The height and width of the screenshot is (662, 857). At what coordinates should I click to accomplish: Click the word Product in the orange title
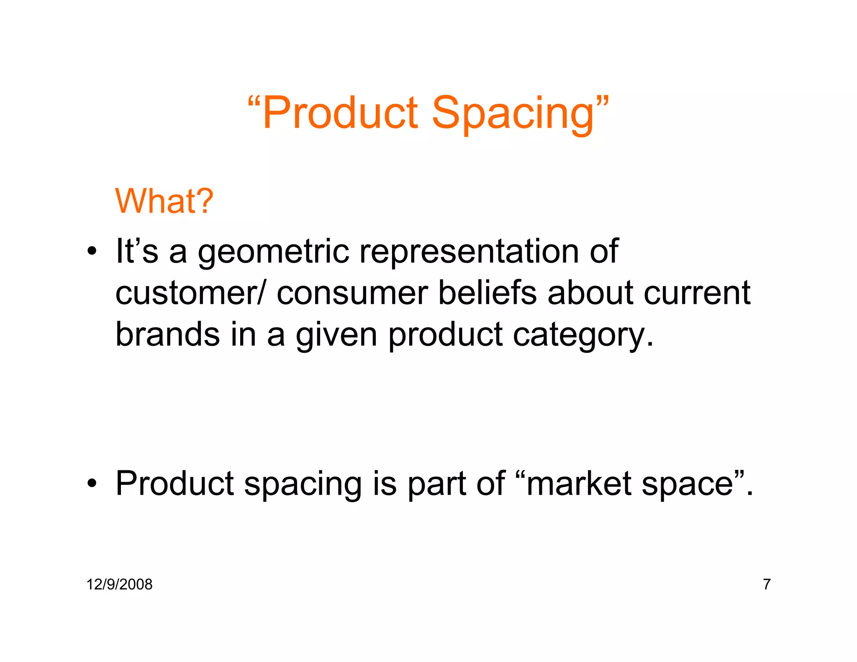[340, 113]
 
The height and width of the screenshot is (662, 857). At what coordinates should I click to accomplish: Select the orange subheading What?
[164, 201]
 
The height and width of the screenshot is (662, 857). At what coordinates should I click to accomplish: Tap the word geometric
[273, 252]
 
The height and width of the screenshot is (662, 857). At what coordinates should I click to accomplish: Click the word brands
[167, 334]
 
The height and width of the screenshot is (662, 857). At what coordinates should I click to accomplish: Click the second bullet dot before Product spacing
[92, 484]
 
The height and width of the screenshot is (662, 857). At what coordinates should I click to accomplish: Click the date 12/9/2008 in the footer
[119, 584]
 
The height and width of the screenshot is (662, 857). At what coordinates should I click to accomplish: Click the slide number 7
[767, 584]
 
